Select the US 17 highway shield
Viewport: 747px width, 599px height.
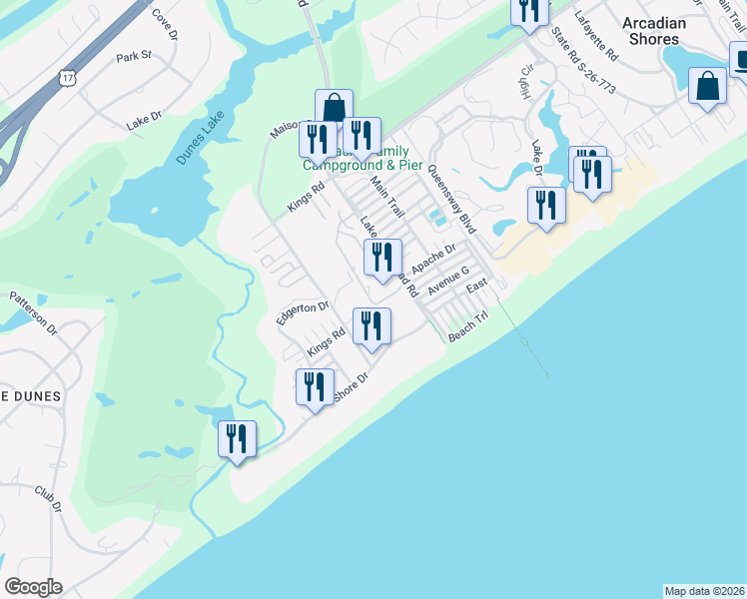click(x=67, y=77)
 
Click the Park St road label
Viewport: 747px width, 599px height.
click(x=133, y=56)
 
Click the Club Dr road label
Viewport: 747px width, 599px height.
click(x=48, y=500)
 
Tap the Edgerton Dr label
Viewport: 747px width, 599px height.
click(x=303, y=311)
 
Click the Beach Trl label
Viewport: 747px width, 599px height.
click(x=467, y=328)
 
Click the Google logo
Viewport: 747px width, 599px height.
click(x=33, y=587)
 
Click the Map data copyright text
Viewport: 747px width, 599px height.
click(x=705, y=590)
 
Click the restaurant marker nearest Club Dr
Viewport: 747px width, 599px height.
click(x=238, y=438)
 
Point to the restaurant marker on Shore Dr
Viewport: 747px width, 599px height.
click(x=315, y=386)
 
